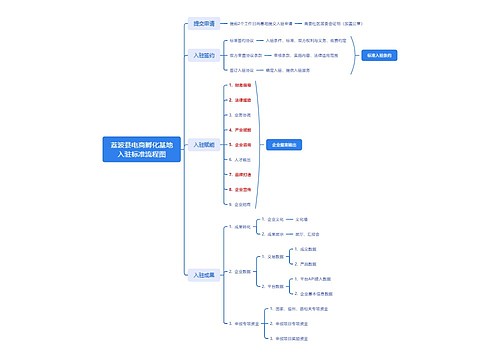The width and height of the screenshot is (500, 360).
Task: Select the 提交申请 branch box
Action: [203, 22]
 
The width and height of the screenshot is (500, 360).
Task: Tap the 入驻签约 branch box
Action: [203, 56]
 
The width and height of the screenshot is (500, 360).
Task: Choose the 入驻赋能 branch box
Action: [203, 146]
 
